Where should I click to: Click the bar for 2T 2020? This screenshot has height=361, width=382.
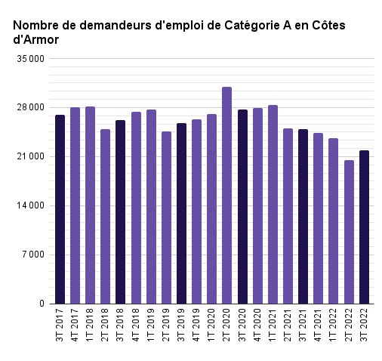click(x=226, y=196)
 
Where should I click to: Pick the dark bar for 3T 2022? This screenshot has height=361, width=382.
click(x=364, y=227)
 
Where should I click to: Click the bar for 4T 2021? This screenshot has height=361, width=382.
click(x=318, y=218)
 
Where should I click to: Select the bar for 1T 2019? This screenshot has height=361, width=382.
click(x=151, y=207)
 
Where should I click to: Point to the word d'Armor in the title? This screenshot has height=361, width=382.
click(x=36, y=40)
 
